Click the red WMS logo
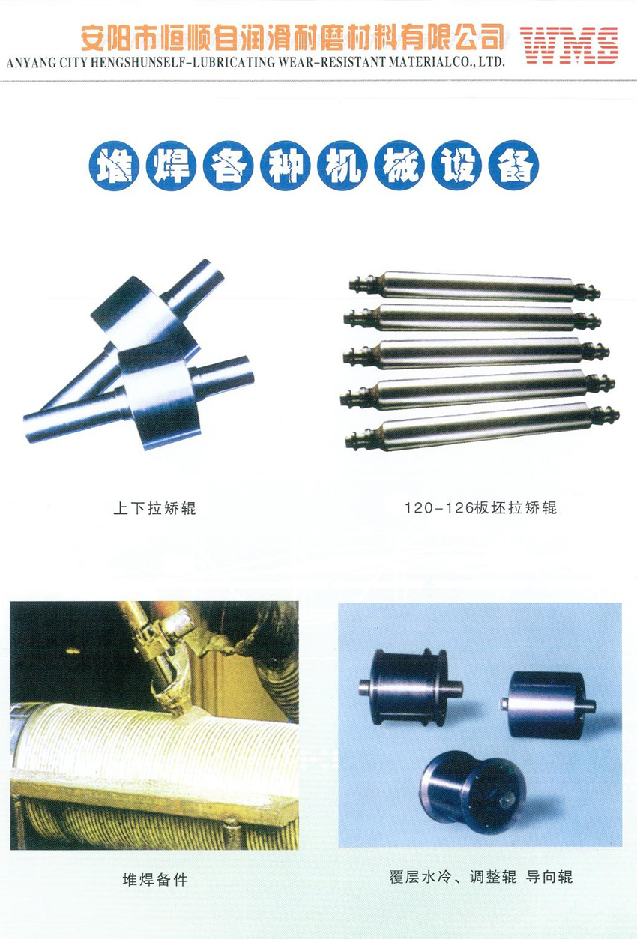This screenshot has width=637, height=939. [x=569, y=45]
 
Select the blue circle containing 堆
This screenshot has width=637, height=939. [x=114, y=166]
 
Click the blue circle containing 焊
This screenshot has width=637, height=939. [x=171, y=166]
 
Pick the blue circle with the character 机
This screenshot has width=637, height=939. [x=342, y=166]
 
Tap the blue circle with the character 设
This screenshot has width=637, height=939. [x=456, y=166]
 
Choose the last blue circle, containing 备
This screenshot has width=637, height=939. [x=513, y=166]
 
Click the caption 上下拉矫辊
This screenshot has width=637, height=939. [x=155, y=509]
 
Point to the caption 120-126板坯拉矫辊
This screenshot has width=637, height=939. [x=480, y=508]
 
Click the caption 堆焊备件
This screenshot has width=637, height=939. [x=155, y=879]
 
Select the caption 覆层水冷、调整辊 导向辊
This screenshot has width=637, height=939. [x=480, y=876]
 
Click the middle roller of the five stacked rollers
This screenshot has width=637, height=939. [x=476, y=354]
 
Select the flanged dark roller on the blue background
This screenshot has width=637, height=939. [x=411, y=686]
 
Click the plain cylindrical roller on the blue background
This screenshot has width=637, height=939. [x=548, y=704]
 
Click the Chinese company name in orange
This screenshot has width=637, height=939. [x=292, y=37]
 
